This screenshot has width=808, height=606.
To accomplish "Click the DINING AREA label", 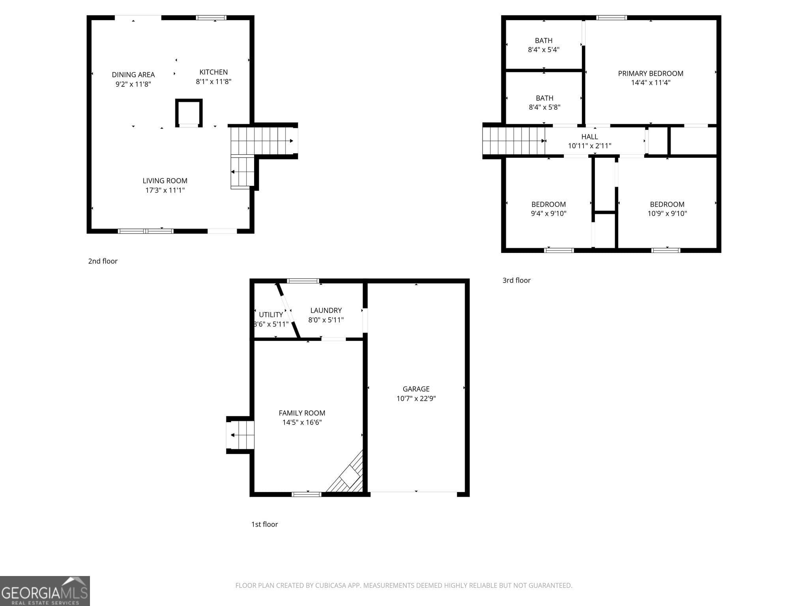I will (x=133, y=75).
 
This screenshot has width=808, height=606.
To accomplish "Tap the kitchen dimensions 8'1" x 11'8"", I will (x=213, y=82).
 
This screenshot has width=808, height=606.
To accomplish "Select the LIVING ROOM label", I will (x=165, y=181).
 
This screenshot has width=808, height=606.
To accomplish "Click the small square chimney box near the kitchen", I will (x=189, y=112).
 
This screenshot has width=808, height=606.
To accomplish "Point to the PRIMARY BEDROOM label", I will (x=650, y=73).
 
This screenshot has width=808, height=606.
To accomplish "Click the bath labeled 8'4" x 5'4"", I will (x=543, y=45).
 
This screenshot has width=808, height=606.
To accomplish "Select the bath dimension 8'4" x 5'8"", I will (x=544, y=107).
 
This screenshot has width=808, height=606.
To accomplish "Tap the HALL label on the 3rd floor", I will (x=589, y=137).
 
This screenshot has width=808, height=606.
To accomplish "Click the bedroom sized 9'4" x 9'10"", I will (x=548, y=209).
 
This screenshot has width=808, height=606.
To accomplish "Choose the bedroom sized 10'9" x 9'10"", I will (x=667, y=209).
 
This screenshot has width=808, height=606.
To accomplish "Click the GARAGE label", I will (x=416, y=389).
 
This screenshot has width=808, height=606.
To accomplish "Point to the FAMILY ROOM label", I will (x=302, y=413).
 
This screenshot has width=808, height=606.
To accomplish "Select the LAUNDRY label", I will (x=326, y=310).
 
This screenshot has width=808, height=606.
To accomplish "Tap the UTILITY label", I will (x=271, y=314).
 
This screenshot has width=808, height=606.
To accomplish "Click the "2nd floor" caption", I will (x=103, y=261).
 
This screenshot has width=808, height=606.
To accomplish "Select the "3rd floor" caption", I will (x=516, y=281).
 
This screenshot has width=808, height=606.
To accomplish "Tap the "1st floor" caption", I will (x=264, y=524).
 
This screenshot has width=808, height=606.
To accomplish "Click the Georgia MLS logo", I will (x=45, y=591).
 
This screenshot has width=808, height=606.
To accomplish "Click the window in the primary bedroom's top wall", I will (x=611, y=18).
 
